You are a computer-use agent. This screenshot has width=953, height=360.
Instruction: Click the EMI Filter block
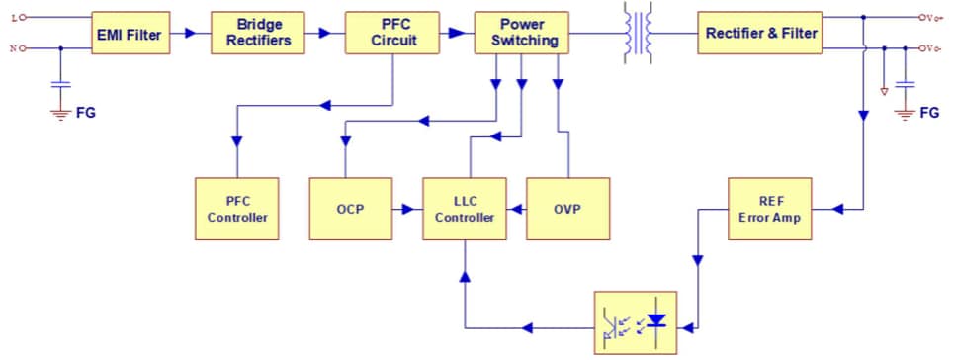pos(129,34)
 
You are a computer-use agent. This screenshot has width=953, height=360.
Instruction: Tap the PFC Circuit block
pos(392,33)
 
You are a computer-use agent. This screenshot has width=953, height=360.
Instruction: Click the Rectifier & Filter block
pos(760,34)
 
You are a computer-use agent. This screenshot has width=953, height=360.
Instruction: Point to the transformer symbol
pos(636,34)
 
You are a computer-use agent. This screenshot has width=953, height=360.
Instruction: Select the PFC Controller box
pos(236,209)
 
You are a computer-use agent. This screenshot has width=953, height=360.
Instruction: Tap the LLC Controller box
pos(465,209)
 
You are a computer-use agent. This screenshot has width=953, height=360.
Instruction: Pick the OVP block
pos(566,209)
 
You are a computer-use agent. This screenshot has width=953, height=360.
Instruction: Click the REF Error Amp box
pos(770,209)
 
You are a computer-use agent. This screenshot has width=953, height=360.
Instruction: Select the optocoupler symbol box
pos(635,322)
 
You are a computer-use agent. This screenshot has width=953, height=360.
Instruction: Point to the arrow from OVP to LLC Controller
pos(516,209)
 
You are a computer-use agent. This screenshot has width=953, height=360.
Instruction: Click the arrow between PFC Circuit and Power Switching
pos(454,33)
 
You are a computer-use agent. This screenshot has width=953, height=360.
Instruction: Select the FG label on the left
pos(86,113)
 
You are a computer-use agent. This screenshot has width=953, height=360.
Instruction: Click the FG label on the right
pos(929,113)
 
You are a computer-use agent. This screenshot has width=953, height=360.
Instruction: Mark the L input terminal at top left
pos(22,17)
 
